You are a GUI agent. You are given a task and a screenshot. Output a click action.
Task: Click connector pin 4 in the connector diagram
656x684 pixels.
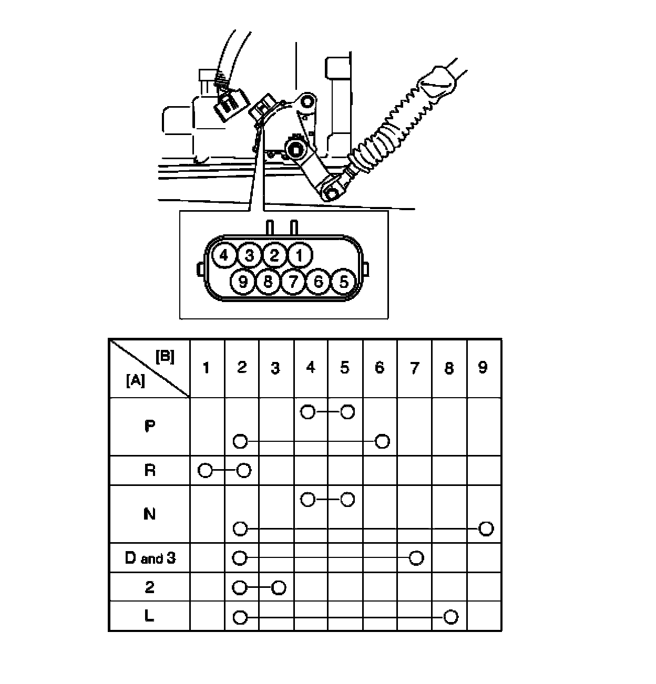[x=224, y=256]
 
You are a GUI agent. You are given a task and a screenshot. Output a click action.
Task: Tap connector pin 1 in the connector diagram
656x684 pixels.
[x=300, y=256]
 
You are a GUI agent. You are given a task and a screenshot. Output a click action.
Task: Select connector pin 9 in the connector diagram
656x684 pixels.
[x=243, y=282]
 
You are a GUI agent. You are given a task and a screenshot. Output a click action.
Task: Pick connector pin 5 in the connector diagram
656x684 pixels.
[x=343, y=282]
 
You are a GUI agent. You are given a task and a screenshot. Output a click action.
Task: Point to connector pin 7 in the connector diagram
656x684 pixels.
[x=293, y=282]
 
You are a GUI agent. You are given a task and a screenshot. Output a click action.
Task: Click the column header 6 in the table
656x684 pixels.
[x=380, y=367]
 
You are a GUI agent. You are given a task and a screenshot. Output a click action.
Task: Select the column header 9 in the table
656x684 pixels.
[x=483, y=367]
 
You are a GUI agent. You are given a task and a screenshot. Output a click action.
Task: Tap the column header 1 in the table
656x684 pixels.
[x=207, y=367]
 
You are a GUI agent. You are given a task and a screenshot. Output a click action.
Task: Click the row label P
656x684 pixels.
[x=149, y=426]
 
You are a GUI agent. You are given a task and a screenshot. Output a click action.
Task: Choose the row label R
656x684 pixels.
[x=149, y=470]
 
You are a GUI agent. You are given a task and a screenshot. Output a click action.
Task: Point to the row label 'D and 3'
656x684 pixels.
[x=150, y=558]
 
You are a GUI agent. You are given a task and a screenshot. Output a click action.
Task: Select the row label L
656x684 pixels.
[x=149, y=616]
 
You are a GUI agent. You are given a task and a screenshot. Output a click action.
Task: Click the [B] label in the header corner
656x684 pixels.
[x=165, y=356]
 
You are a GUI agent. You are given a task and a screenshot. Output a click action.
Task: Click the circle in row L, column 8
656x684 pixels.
[x=450, y=617]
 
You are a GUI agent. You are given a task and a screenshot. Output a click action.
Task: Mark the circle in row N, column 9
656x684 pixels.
[x=486, y=528]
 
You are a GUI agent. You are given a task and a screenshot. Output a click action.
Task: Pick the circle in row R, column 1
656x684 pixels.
[x=206, y=470]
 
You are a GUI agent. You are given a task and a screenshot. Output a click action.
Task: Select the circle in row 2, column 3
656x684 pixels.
[x=279, y=587]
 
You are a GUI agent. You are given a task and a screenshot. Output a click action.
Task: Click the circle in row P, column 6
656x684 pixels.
[x=382, y=441]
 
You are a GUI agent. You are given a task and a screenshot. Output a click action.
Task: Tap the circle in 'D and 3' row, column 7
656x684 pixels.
[x=416, y=558]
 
